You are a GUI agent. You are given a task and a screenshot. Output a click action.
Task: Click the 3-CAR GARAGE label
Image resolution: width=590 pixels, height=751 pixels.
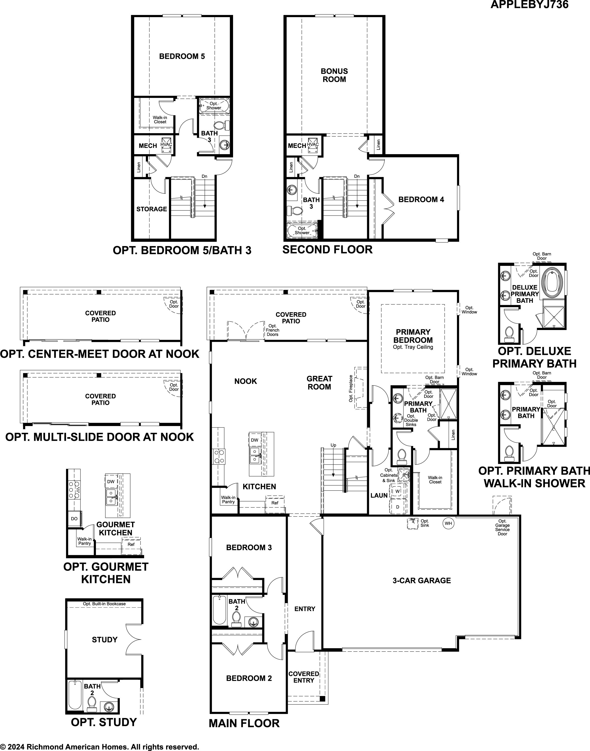point(422,580)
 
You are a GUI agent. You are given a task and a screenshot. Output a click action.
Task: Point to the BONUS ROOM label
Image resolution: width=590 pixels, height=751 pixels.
point(334,75)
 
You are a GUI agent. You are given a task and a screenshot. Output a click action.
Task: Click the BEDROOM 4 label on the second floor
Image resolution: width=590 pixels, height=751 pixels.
point(421,200)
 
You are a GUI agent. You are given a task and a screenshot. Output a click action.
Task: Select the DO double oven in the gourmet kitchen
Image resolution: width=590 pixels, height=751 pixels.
point(74,519)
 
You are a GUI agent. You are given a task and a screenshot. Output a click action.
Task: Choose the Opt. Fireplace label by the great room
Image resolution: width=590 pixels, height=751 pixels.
point(351,389)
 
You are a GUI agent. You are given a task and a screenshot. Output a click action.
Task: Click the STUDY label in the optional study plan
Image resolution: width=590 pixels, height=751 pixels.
point(105,640)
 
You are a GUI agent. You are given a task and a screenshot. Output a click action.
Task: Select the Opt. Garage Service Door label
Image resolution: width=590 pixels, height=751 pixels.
point(502,527)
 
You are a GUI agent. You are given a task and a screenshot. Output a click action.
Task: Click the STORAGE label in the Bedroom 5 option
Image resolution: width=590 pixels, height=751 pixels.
point(152,209)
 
